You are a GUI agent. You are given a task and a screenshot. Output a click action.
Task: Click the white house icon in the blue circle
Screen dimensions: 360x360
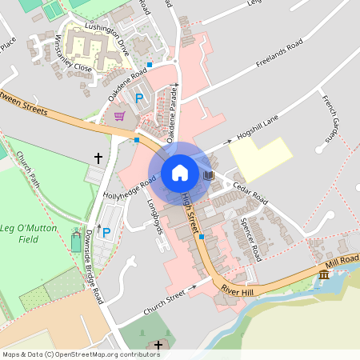pyautogui.click(x=179, y=172)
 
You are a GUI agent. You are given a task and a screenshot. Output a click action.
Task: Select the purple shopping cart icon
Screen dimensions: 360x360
pyautogui.click(x=119, y=117)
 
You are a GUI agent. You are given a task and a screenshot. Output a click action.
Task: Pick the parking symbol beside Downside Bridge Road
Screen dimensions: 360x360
pyautogui.click(x=106, y=232)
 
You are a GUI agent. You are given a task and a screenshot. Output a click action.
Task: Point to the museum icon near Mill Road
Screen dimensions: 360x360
pyautogui.click(x=323, y=275)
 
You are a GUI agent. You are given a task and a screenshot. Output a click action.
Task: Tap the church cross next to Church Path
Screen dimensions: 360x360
pyautogui.click(x=98, y=158)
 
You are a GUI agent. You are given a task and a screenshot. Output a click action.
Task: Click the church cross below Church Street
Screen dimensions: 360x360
pyautogui.click(x=158, y=346)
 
